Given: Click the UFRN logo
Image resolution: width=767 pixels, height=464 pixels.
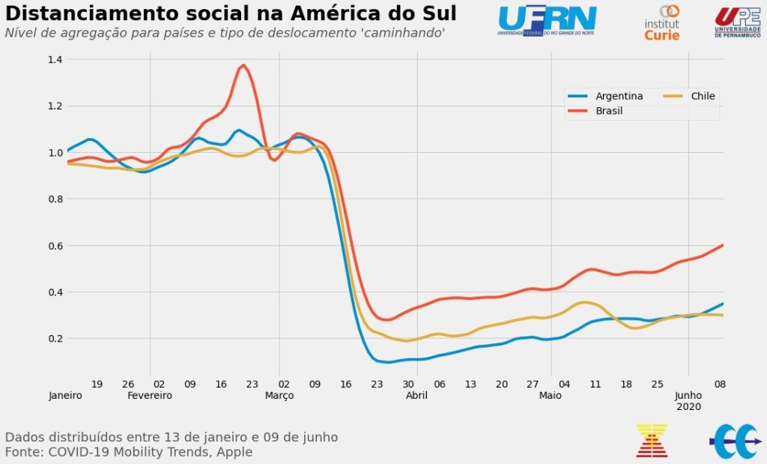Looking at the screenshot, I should point(547,21).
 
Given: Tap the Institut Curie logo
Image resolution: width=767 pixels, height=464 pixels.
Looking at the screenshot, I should point(662,22).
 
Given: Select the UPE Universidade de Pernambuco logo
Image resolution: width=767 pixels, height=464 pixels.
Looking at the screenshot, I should point(737,22).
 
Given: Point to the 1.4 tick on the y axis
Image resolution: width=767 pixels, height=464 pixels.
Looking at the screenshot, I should point(54,59).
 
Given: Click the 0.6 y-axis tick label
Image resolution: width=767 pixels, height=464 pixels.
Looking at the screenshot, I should point(54,245).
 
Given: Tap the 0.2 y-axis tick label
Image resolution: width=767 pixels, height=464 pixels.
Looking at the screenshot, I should point(54,338).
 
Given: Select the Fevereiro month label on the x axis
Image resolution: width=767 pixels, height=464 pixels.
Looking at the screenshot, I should point(150,395).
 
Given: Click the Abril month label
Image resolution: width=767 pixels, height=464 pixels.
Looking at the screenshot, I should point(416,395).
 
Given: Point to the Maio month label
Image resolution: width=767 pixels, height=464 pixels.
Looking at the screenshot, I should point(551,395).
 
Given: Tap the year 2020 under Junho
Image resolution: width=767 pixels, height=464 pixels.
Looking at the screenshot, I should point(688,406).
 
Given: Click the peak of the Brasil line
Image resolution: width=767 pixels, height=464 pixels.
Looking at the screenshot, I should point(243,65).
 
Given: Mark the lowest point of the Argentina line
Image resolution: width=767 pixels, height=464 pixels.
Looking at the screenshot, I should point(388,363).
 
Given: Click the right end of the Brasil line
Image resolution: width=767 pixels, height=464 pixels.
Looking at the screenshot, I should point(722,245).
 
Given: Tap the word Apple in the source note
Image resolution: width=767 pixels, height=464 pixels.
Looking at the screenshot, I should point(234,452).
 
